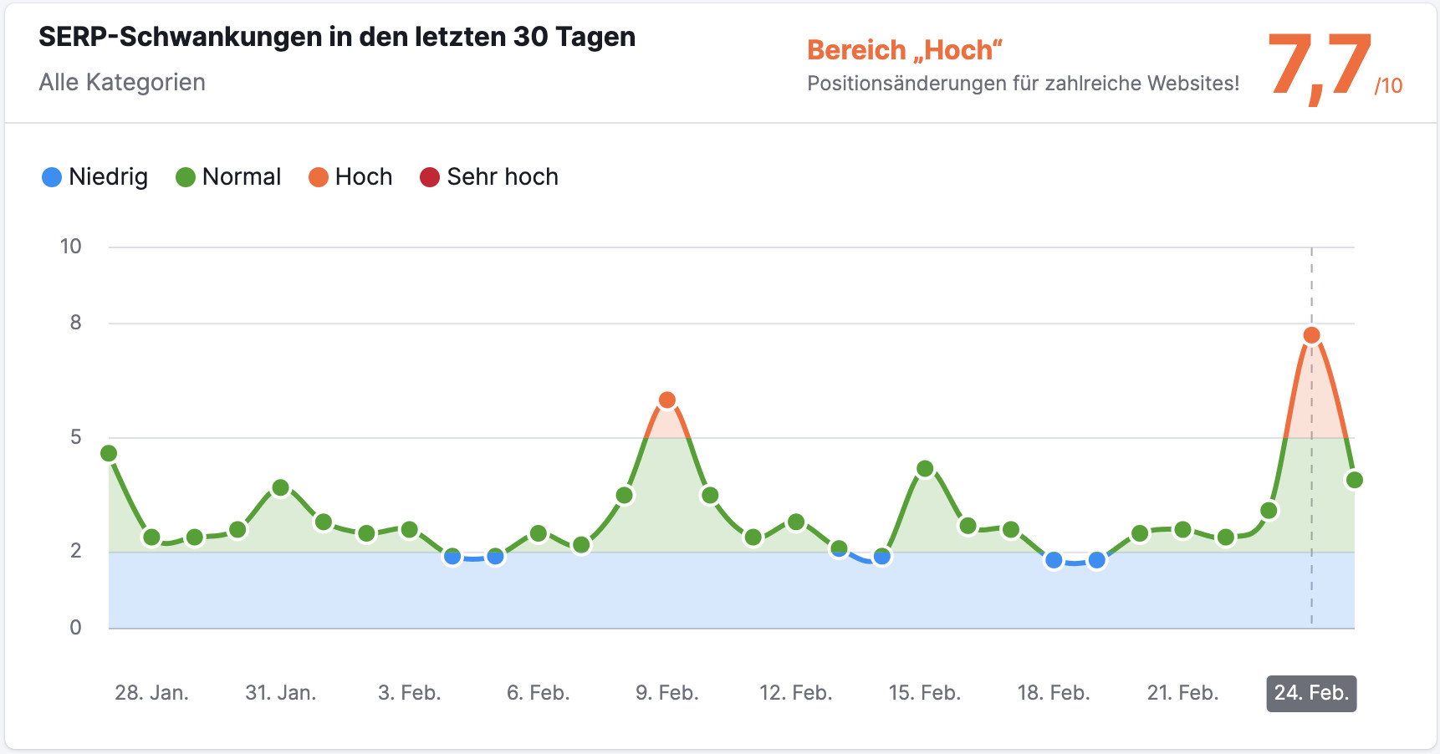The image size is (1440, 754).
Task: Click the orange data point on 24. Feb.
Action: tap(1311, 335)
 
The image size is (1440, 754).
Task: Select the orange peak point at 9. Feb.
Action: tap(666, 400)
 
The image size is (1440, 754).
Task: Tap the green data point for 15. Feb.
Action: tap(925, 469)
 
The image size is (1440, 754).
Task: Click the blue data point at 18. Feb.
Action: tap(1054, 560)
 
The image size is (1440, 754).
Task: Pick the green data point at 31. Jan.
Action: tap(281, 488)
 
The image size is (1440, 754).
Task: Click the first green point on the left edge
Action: tap(109, 454)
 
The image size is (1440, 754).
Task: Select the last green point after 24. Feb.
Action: tap(1355, 480)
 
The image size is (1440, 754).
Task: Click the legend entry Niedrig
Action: tap(95, 177)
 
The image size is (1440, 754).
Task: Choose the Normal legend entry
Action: tap(228, 177)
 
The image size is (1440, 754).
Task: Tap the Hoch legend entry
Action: tap(350, 177)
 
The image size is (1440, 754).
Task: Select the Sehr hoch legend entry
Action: tap(489, 177)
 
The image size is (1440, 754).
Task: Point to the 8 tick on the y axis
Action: tap(76, 323)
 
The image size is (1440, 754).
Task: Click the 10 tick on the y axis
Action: tap(71, 247)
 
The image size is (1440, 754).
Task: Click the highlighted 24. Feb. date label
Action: tap(1311, 693)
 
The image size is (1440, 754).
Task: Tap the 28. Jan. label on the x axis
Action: tap(151, 693)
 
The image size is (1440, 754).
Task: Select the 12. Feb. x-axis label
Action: tap(795, 693)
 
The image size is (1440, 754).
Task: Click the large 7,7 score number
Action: tap(1319, 67)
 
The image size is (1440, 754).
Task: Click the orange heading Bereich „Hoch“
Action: tap(904, 50)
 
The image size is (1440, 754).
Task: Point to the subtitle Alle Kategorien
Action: tap(122, 82)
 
